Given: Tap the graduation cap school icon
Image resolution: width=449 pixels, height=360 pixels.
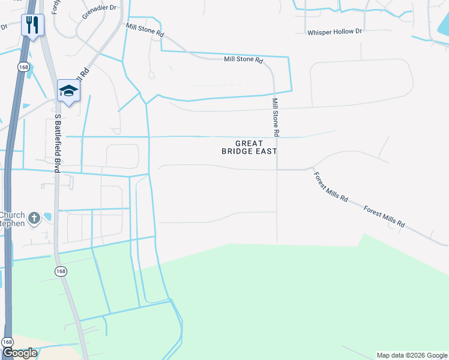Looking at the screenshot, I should pos(68,91).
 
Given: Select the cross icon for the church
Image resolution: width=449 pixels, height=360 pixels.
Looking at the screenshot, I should pos(34,218).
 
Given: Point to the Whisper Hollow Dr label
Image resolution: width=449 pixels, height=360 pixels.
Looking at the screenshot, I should pos(335,32).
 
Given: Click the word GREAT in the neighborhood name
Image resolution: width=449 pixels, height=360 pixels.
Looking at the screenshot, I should pos(249,143).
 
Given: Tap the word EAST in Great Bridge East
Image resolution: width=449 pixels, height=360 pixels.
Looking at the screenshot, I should pos(266,152).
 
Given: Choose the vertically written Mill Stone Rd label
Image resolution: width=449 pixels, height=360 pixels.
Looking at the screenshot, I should pos(276,116).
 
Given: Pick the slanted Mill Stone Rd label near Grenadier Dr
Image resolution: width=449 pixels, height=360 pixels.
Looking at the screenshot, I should pos(145,31).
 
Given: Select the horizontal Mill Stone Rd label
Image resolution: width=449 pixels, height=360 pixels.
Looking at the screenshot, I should pos(244,60).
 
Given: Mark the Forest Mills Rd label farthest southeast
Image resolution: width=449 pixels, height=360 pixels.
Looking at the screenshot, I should pos(385,217).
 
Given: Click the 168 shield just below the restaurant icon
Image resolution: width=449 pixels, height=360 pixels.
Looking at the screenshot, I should pos(23,67).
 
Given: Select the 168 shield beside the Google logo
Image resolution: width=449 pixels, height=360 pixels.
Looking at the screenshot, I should pos(7,341).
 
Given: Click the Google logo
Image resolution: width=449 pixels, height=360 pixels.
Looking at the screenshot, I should pos(20,353).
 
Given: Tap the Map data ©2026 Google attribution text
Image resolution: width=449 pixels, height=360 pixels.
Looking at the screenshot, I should pos(412,355).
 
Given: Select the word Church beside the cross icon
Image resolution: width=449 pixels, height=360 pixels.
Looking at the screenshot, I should pos(12,215).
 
